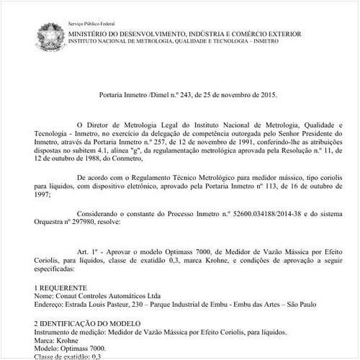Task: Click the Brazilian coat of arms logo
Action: pos(49,35)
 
